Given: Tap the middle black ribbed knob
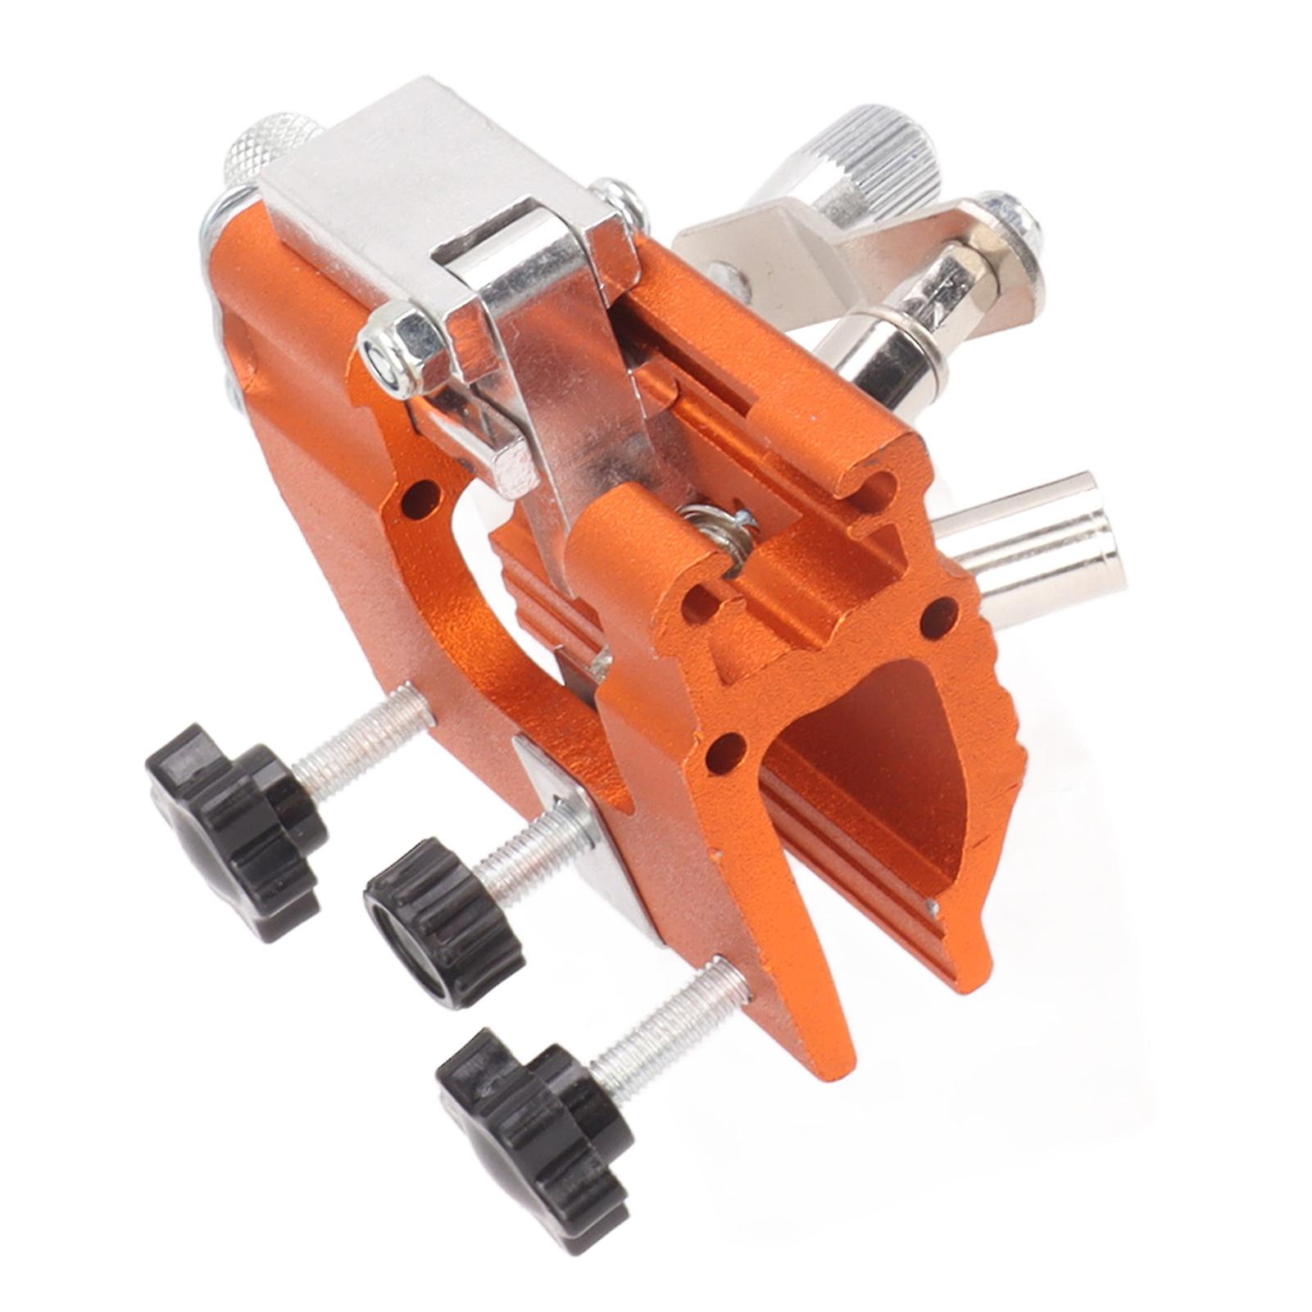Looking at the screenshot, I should click(x=443, y=922).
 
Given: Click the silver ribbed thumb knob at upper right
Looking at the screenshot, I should click(x=869, y=156).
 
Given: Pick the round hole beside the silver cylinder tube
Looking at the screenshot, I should click(x=940, y=616).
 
